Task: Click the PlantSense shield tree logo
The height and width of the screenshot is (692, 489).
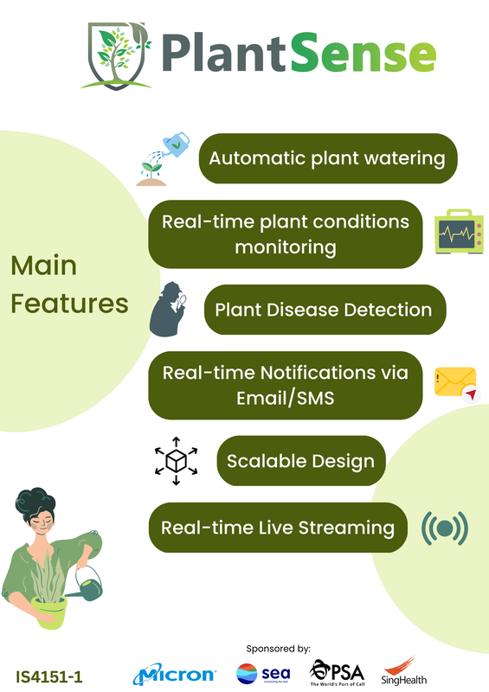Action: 116,55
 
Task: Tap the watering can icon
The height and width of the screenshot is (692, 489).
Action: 163,159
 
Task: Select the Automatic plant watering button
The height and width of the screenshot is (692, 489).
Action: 328,158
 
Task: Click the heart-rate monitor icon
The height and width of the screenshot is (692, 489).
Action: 459,232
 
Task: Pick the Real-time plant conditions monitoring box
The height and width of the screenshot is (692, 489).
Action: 286,234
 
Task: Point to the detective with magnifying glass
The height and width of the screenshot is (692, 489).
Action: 168,309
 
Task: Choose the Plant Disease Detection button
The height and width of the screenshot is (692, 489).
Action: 325,310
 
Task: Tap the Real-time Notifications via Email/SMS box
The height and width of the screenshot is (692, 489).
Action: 286,385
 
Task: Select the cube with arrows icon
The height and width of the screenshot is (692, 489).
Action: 176,461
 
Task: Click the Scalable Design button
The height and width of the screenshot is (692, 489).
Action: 301,461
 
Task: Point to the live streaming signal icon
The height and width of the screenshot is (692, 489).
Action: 444,528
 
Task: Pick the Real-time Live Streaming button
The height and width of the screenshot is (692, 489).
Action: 278,528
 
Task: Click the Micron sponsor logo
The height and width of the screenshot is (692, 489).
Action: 175,675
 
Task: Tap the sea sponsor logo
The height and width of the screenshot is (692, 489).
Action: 263,674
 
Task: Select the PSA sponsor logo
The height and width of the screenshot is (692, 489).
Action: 337,673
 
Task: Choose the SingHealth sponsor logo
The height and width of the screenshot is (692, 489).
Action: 403,671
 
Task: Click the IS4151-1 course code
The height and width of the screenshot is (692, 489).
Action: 49,677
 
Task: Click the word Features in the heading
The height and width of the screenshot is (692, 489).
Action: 69,304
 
